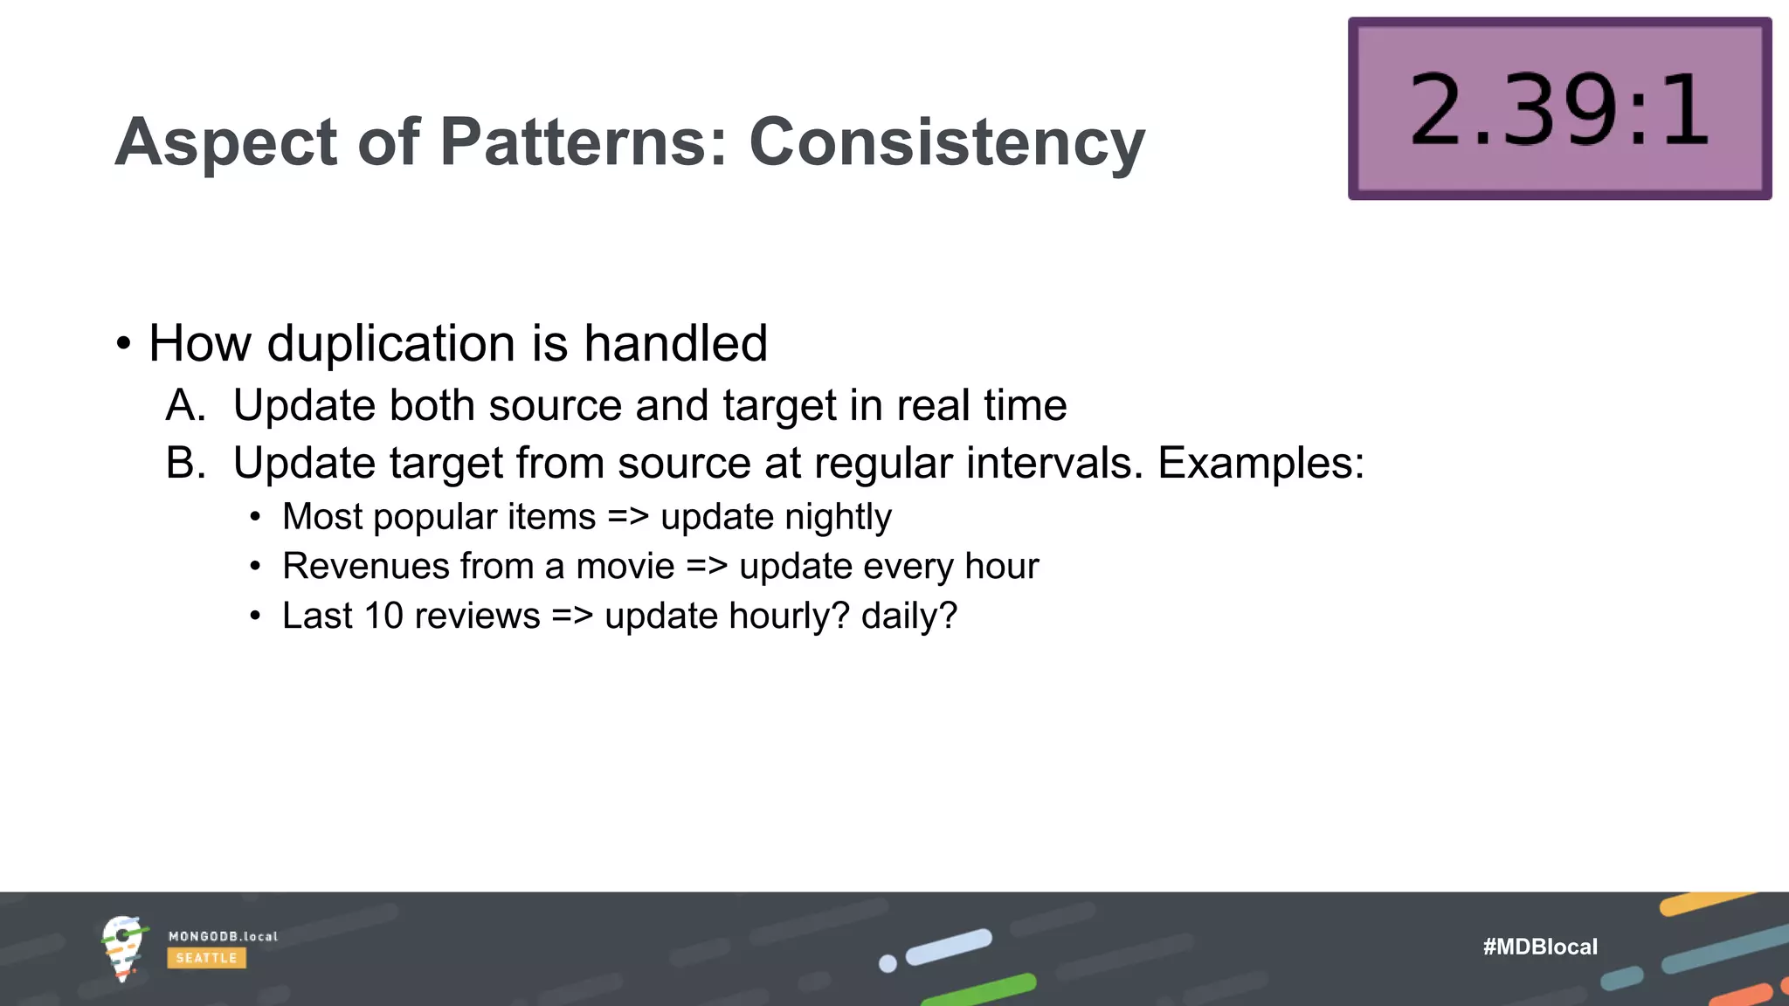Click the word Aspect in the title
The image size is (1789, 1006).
(226, 141)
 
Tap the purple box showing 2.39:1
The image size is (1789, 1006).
(1559, 109)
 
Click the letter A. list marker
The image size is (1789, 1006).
(186, 405)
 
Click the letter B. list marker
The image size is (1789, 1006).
(186, 463)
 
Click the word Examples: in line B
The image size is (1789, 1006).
(1261, 463)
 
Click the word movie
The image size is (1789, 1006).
(625, 566)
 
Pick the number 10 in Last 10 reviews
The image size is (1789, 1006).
(383, 616)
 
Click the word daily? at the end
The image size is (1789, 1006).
(908, 616)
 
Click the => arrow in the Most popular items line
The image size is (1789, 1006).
(628, 517)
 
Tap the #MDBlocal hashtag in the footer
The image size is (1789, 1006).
(1540, 947)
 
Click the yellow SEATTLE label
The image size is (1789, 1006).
(206, 958)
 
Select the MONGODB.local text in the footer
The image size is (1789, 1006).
(223, 936)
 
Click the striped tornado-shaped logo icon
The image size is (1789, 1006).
(122, 947)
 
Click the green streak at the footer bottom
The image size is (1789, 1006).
(979, 991)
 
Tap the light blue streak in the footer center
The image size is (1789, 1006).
(949, 947)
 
